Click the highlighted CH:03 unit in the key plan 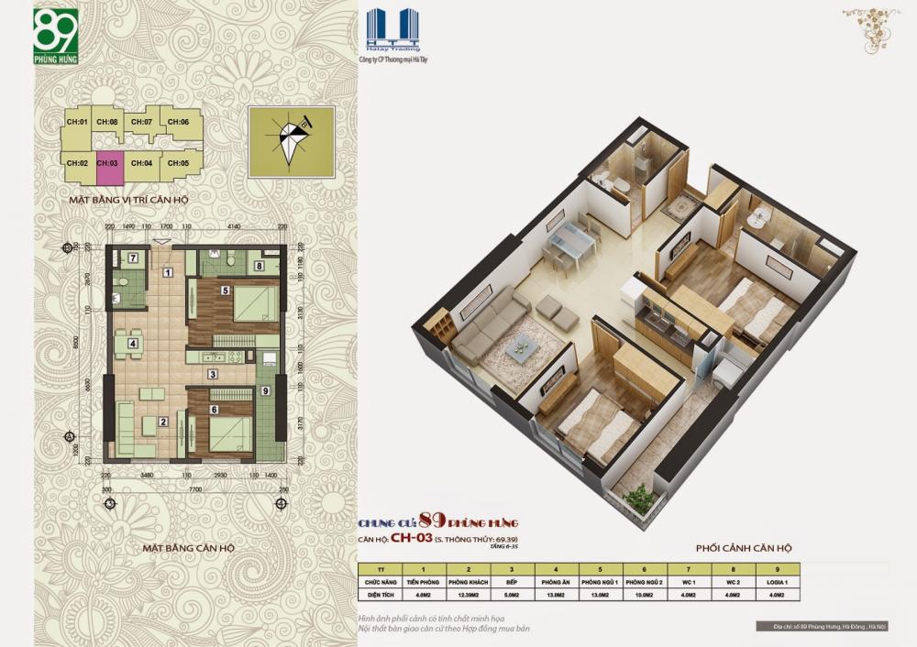pos(109,163)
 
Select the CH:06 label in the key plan pos(179,122)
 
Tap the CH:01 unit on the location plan pos(77,122)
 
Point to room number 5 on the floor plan pos(225,290)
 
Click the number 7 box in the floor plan pos(132,258)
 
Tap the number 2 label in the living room pos(163,422)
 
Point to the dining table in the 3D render pos(565,239)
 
